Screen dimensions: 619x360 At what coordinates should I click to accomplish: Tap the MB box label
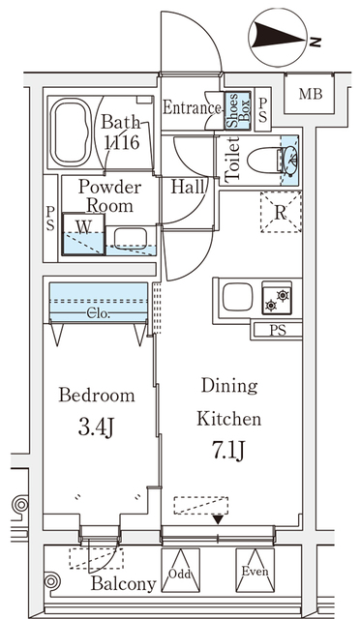(310, 94)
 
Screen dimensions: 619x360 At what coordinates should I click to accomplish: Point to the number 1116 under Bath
(123, 142)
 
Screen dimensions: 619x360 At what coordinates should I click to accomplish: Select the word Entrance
(192, 107)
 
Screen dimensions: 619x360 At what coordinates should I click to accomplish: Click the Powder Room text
(109, 195)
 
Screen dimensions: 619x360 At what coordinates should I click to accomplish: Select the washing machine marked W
(84, 233)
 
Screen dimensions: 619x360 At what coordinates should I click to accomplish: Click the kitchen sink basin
(237, 297)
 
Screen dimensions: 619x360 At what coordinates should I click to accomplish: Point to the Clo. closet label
(98, 313)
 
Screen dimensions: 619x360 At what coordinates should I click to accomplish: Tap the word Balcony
(123, 584)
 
